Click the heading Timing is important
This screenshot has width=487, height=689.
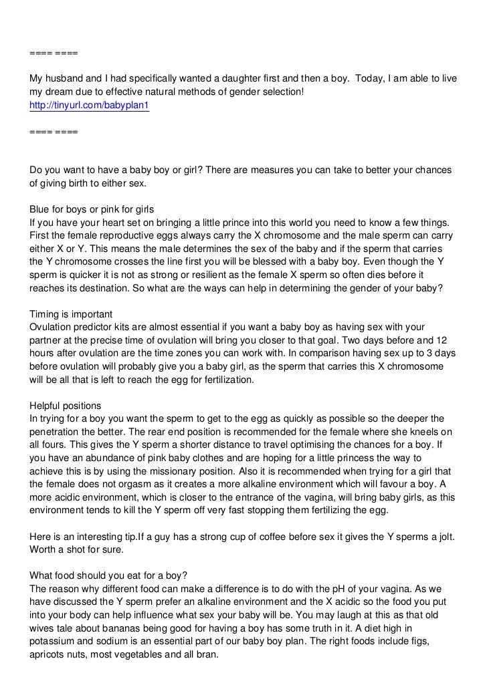pos(72,314)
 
